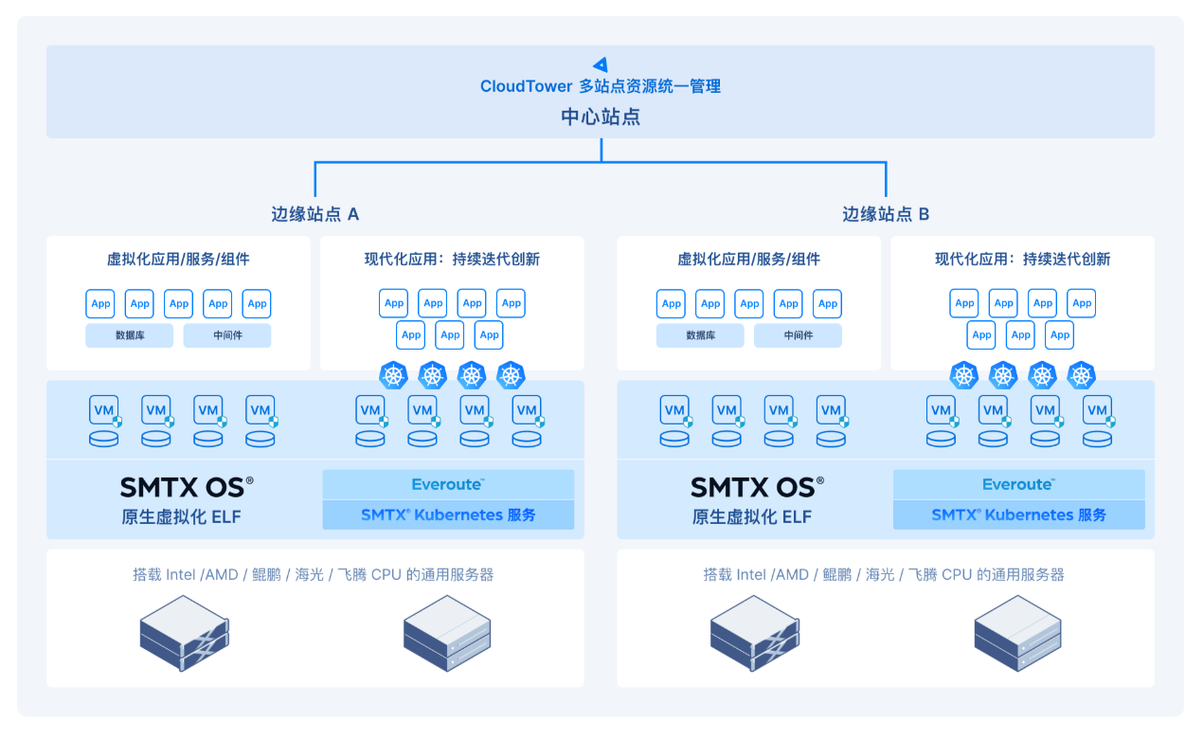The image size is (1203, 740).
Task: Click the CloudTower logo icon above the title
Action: point(600,64)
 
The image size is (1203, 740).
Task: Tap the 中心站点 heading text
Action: point(601,117)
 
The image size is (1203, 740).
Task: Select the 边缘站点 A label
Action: point(314,214)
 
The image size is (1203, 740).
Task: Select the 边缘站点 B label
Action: point(886,214)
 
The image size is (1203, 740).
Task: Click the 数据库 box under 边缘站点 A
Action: point(129,335)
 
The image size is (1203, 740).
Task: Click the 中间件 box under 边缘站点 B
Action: point(798,335)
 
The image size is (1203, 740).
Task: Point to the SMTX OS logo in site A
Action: point(187,487)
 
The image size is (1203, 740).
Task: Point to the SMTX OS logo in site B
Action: point(757,487)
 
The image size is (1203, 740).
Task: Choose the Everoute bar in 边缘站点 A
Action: point(448,484)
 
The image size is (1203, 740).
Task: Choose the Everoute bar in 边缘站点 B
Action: point(1018,484)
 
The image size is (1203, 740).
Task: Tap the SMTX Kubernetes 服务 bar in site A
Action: point(448,514)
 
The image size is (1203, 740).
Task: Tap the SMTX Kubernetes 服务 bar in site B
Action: point(1018,514)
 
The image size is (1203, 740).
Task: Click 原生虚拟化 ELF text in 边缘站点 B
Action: point(752,516)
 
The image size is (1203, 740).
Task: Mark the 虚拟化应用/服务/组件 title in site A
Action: point(178,259)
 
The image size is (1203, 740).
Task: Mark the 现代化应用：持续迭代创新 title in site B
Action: point(1022,259)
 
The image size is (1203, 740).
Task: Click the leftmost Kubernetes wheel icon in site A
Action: point(393,375)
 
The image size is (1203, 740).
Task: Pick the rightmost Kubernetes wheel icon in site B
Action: point(1081,375)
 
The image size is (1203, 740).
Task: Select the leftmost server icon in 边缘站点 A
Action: point(184,633)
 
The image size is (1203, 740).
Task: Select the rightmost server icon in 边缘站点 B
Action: point(1017,633)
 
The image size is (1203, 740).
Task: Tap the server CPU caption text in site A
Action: point(314,574)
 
